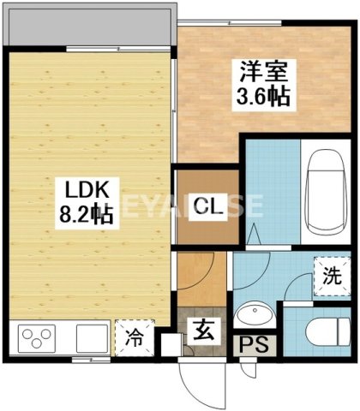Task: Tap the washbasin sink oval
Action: (254, 317)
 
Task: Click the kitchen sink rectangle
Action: (89, 337)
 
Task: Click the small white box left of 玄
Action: (170, 345)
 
